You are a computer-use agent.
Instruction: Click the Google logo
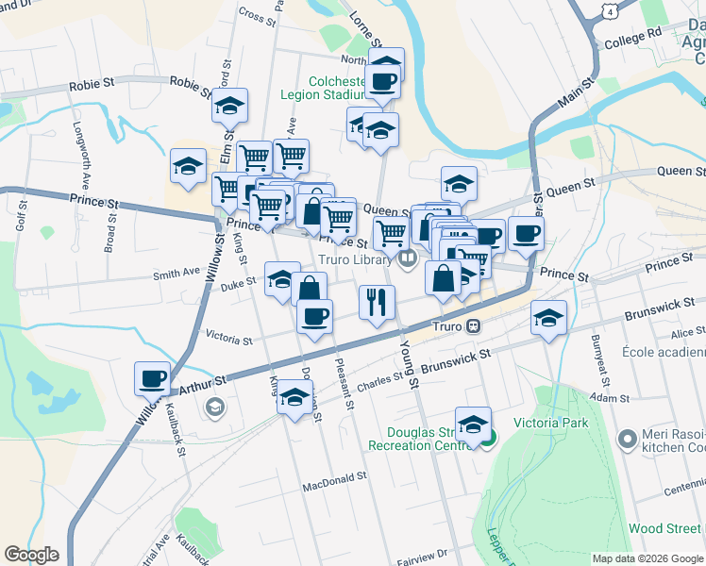coord(32,555)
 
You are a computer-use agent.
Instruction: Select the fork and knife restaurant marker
coord(376,303)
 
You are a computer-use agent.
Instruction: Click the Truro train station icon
coord(475,326)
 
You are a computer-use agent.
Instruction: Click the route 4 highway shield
coord(612,10)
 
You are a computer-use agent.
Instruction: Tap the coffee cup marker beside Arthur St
coord(152,379)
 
